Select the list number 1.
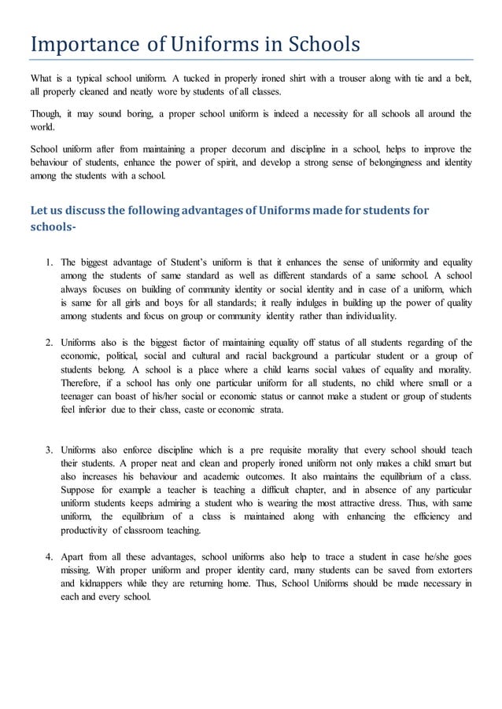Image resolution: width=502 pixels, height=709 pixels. point(49,262)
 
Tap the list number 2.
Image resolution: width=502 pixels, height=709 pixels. point(49,343)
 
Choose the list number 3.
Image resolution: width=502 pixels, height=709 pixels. point(49,450)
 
